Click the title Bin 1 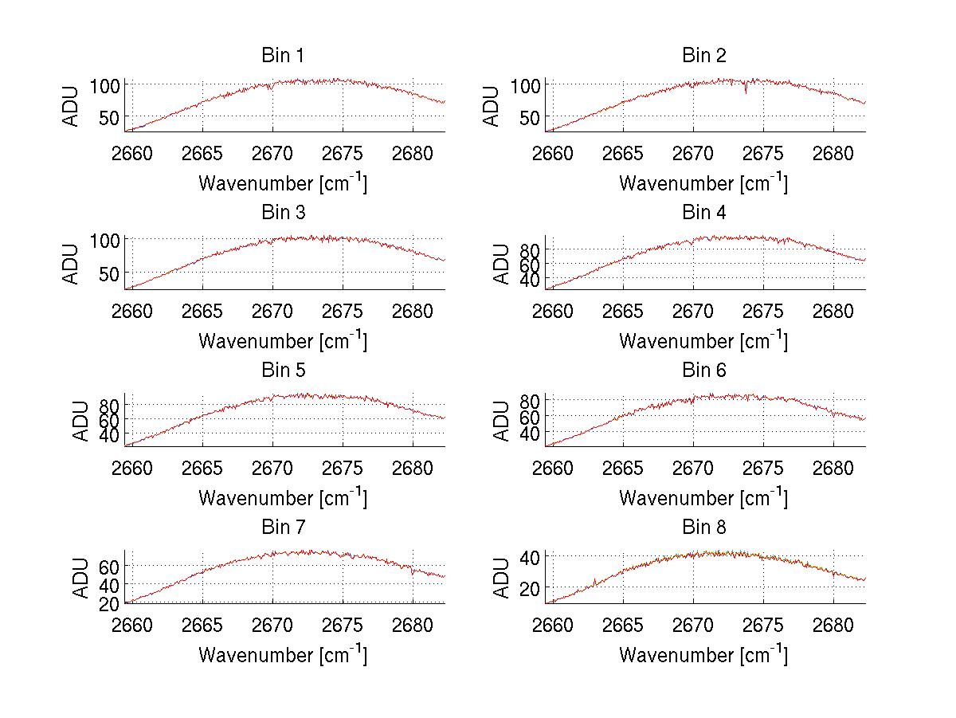(282, 55)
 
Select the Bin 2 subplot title (703, 55)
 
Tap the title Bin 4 (703, 212)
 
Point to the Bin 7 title (282, 527)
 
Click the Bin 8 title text (703, 527)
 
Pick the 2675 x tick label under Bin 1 (343, 153)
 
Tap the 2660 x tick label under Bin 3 (132, 311)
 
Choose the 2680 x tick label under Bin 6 (833, 468)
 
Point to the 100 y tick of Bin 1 (104, 85)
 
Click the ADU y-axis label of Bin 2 (492, 105)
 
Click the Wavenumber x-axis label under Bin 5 (282, 497)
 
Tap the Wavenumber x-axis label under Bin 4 (703, 340)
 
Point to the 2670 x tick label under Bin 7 (272, 625)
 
